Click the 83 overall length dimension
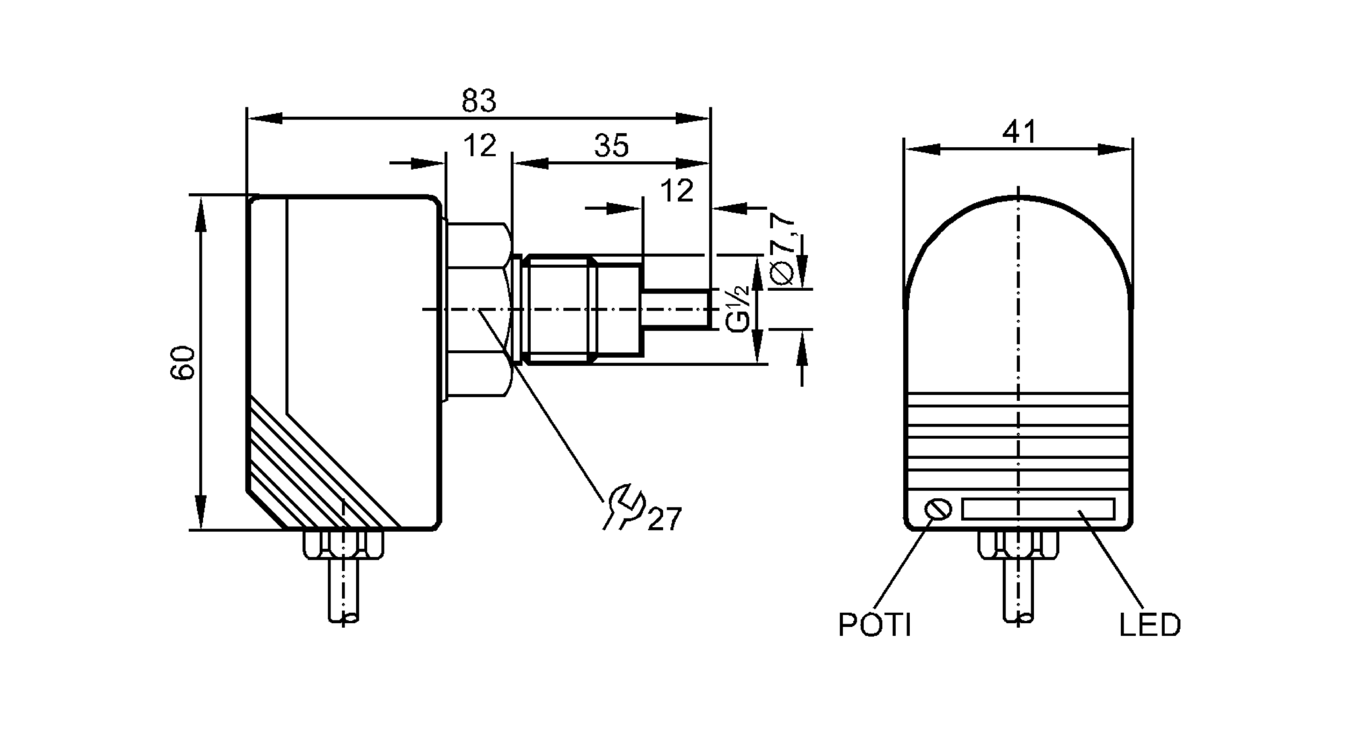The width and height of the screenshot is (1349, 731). pyautogui.click(x=479, y=101)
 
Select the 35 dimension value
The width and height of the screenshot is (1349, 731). pyautogui.click(x=611, y=146)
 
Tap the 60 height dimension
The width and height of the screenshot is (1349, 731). pyautogui.click(x=183, y=362)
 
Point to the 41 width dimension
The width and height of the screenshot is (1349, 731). pyautogui.click(x=1018, y=132)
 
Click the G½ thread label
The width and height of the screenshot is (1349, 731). pyautogui.click(x=739, y=309)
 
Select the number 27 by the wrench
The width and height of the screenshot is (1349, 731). pyautogui.click(x=665, y=519)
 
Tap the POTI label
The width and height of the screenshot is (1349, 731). pyautogui.click(x=875, y=625)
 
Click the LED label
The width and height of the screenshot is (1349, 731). pyautogui.click(x=1150, y=625)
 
